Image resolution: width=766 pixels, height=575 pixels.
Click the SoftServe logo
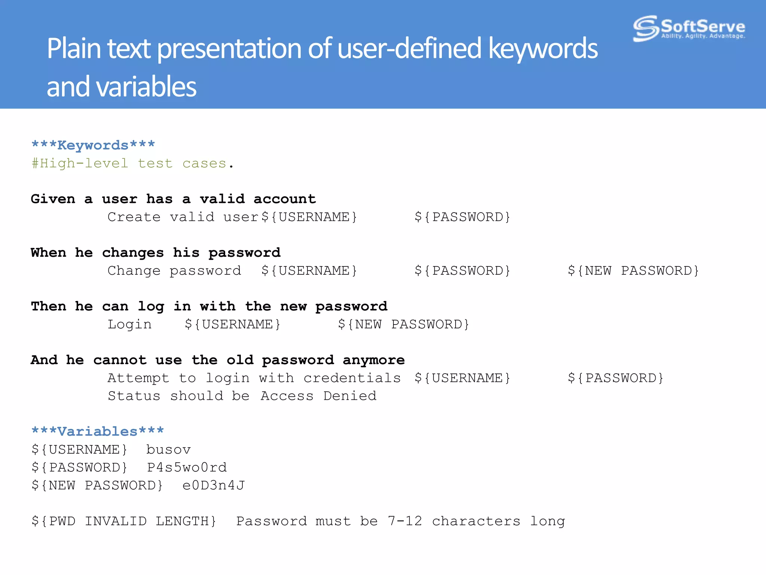point(689,28)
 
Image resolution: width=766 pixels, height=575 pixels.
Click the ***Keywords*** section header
point(93,145)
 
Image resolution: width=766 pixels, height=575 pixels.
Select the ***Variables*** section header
point(98,431)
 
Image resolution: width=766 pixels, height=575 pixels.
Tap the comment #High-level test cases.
point(133,164)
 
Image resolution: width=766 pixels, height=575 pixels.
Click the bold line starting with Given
point(173,199)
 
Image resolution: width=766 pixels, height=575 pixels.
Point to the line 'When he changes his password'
point(156,253)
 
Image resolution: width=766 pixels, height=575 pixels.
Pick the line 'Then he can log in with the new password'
point(209,306)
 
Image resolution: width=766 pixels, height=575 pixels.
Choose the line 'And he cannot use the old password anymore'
point(218,360)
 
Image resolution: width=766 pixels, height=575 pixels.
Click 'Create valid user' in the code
point(183,217)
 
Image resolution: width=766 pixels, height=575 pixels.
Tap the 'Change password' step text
point(174,271)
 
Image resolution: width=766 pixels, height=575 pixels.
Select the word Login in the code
point(129,324)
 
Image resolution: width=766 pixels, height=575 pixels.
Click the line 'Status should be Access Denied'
point(242,396)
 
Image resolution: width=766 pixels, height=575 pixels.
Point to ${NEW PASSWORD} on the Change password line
point(633,271)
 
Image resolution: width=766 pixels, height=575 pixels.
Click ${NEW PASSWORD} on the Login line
point(403,324)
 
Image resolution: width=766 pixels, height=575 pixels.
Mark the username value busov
point(168,450)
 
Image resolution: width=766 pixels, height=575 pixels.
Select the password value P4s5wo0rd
point(187,468)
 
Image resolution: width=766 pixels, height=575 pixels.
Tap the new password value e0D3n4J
point(213,486)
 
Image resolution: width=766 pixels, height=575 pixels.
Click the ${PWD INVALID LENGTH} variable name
point(124,521)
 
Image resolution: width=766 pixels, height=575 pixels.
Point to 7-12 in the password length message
point(405,521)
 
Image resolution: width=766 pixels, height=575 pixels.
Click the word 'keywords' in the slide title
point(543,49)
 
